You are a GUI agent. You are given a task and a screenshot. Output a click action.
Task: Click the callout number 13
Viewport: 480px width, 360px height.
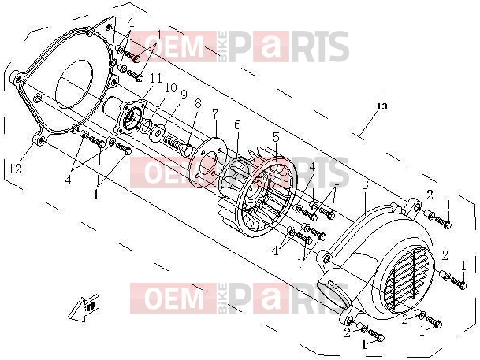pyautogui.click(x=381, y=106)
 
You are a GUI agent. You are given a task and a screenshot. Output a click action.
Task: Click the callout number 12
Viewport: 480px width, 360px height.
pyautogui.click(x=15, y=169)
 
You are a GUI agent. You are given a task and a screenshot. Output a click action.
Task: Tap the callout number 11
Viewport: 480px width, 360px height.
pyautogui.click(x=155, y=79)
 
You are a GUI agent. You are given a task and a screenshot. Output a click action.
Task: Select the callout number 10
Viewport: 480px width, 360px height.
pyautogui.click(x=171, y=87)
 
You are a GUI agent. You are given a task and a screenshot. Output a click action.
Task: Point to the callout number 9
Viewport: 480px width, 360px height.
pyautogui.click(x=184, y=95)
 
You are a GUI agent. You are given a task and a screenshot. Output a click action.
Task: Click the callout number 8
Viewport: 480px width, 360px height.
pyautogui.click(x=198, y=103)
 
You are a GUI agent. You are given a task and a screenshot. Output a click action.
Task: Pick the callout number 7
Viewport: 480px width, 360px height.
pyautogui.click(x=215, y=115)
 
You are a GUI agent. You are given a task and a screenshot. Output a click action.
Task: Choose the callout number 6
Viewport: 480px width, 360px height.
pyautogui.click(x=237, y=124)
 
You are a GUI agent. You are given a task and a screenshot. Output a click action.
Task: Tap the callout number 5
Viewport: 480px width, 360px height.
pyautogui.click(x=276, y=137)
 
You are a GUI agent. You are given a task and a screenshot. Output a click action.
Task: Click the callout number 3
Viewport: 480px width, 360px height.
pyautogui.click(x=365, y=185)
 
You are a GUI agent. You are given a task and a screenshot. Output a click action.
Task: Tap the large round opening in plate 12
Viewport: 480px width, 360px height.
pyautogui.click(x=74, y=84)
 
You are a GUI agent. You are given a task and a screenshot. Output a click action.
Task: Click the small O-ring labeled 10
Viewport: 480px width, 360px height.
pyautogui.click(x=147, y=124)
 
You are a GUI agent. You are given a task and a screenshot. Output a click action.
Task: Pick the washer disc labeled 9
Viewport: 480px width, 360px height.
pyautogui.click(x=158, y=132)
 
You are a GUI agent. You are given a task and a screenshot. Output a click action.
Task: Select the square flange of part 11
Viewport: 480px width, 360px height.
pyautogui.click(x=130, y=117)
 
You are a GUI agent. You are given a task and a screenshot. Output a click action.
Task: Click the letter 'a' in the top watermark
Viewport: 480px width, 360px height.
pyautogui.click(x=270, y=46)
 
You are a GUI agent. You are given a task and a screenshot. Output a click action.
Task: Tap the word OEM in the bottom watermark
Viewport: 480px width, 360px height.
pyautogui.click(x=174, y=299)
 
